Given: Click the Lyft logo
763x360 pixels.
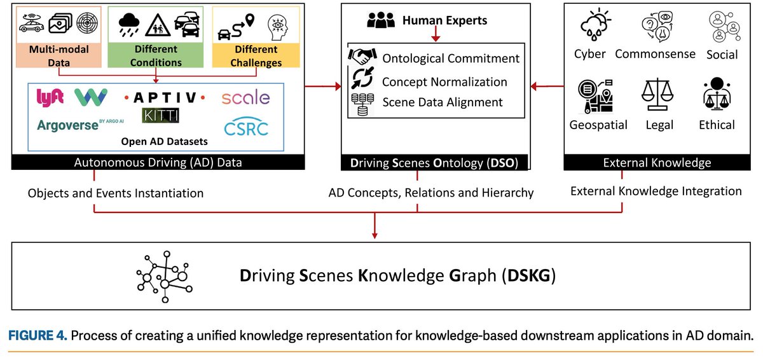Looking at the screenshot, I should [50, 97].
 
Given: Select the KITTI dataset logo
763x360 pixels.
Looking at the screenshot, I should [161, 115].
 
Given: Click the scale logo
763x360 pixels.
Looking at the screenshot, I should [245, 98].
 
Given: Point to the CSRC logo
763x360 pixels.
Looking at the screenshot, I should [245, 127].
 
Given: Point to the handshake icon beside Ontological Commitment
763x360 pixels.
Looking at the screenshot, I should [363, 57].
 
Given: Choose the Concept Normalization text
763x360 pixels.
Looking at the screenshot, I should [444, 81].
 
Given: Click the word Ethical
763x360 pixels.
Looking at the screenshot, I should [717, 125].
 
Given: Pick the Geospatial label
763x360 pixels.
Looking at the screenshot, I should [598, 125].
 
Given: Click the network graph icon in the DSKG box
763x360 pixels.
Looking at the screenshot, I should [162, 276].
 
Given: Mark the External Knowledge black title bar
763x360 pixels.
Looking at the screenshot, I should [657, 163].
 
